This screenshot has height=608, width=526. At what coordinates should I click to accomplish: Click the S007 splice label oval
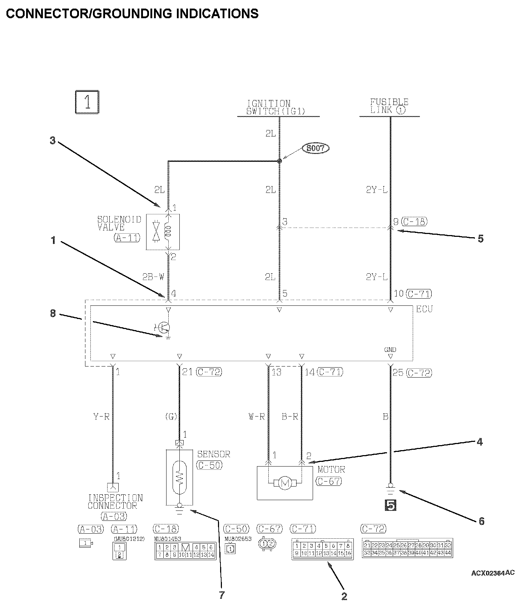315,148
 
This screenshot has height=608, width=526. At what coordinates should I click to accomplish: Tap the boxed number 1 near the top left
87,103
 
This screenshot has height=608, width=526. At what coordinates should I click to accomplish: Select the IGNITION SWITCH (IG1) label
276,108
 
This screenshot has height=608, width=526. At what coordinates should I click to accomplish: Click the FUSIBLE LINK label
389,106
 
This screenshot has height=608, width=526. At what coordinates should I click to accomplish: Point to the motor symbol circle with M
285,483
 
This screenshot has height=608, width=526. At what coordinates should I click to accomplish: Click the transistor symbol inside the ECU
165,328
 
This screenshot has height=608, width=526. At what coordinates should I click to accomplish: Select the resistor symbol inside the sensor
179,476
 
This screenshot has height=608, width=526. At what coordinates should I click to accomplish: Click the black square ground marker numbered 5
390,505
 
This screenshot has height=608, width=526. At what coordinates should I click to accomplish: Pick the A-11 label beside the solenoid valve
127,238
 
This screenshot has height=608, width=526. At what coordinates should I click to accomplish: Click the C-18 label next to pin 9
414,221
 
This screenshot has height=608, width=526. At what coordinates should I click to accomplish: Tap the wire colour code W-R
257,417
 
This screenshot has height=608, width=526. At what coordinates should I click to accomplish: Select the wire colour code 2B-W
153,276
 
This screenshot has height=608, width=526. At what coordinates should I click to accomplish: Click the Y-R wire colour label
101,417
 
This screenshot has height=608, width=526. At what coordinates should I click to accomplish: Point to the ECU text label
424,309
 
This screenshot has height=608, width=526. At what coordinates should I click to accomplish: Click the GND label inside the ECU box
390,350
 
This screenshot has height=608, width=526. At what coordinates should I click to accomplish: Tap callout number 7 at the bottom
222,595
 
